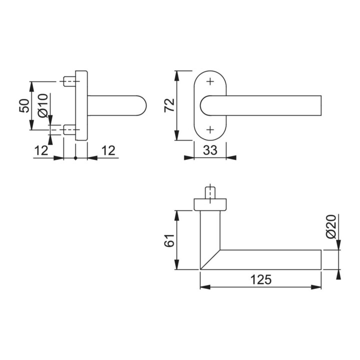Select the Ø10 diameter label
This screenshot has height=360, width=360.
pos(42,105)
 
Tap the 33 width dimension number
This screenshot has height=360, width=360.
pos(210,149)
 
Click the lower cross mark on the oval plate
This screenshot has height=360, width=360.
pos(210,129)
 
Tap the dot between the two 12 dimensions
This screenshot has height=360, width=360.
pos(75,158)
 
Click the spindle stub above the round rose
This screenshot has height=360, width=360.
pos(210,192)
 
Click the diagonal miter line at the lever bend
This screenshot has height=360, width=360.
pos(209,260)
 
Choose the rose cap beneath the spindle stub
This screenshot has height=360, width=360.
pos(210,203)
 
